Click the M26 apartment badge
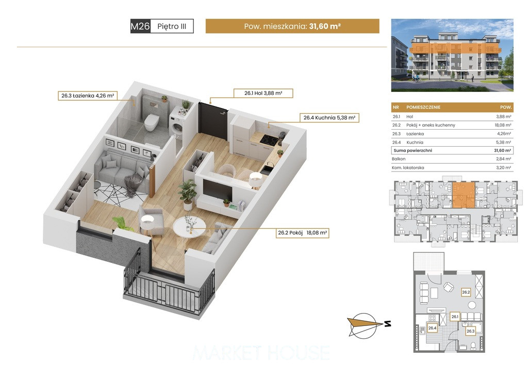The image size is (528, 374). [x=140, y=26]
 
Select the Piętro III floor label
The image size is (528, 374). [x=172, y=26]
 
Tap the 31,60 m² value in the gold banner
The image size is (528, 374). [x=325, y=26]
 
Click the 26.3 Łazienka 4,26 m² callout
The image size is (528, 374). [x=88, y=96]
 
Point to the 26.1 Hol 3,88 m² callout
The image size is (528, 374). [x=263, y=93]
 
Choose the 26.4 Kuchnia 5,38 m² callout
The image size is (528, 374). [x=329, y=118]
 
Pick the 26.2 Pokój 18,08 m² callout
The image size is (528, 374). [x=302, y=232]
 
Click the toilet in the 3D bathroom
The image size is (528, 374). [x=151, y=122]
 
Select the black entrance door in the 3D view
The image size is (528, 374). [x=212, y=119]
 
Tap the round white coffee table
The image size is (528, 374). [x=189, y=228]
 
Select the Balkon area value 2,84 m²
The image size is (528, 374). [x=503, y=159]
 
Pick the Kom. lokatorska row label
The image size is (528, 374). [x=408, y=167]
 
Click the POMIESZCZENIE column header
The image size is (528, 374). [x=423, y=107]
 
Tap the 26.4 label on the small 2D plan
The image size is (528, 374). [x=432, y=328]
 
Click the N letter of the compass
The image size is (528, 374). [x=388, y=324]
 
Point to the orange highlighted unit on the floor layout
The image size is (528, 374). [x=464, y=195]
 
